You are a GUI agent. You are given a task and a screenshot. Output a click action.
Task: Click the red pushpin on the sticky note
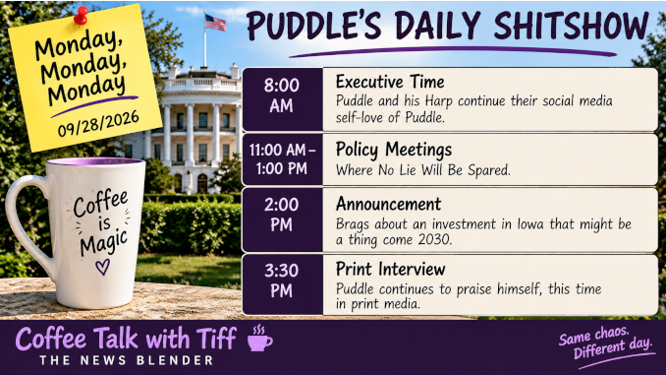coord(81,16)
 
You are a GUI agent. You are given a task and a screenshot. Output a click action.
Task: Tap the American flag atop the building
coord(215,23)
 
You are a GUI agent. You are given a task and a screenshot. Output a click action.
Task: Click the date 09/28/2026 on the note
coord(98,123)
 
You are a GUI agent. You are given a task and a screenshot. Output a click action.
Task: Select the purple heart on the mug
coord(102,267)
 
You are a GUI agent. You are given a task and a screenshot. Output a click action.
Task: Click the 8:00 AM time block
coord(283,99)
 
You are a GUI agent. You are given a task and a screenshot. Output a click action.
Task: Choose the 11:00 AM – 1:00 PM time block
coord(283,159)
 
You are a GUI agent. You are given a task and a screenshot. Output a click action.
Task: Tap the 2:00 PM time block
coord(283,220)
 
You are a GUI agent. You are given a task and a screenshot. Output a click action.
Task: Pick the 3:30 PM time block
coord(283,284)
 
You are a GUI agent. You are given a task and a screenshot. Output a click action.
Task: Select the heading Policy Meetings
coord(394,150)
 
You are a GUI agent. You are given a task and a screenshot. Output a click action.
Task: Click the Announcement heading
coord(388,205)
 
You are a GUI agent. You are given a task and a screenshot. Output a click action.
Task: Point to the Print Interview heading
coord(390,269)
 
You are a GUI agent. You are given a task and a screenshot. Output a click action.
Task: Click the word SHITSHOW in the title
coord(572,26)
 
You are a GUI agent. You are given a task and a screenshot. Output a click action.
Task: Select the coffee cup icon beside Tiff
coord(260,339)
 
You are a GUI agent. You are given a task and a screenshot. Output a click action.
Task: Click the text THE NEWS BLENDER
coord(127,360)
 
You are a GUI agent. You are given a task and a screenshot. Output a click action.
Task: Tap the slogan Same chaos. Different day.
coord(605,344)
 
